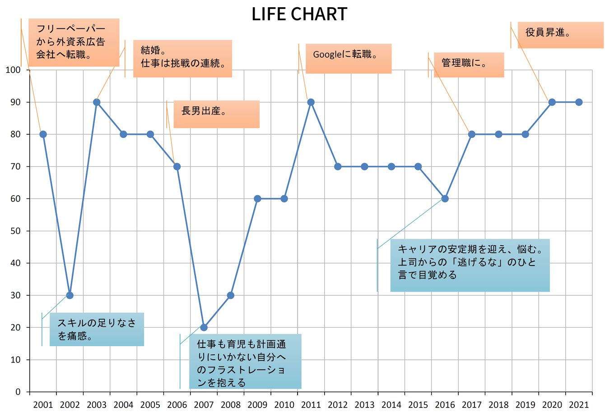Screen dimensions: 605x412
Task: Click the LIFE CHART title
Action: pyautogui.click(x=299, y=14)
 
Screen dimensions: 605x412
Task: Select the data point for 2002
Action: pyautogui.click(x=70, y=295)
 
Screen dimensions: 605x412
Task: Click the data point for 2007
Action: pyautogui.click(x=204, y=327)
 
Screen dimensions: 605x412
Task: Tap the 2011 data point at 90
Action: pyautogui.click(x=311, y=102)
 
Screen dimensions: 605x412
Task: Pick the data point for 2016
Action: pyautogui.click(x=445, y=199)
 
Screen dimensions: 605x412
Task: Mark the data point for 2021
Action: pyautogui.click(x=579, y=102)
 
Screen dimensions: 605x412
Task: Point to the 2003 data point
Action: pyautogui.click(x=97, y=102)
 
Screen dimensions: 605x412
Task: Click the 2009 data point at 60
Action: pyautogui.click(x=257, y=199)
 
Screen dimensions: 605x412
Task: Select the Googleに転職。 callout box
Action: pyautogui.click(x=349, y=59)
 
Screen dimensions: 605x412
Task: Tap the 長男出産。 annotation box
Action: pyautogui.click(x=216, y=114)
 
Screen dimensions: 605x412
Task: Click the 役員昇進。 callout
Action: pyautogui.click(x=561, y=35)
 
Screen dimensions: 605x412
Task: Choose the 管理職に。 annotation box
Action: pyautogui.click(x=469, y=65)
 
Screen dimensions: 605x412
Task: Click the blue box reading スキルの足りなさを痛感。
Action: pyautogui.click(x=97, y=329)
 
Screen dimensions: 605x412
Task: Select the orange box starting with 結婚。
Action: pyautogui.click(x=182, y=59)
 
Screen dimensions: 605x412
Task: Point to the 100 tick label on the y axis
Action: pyautogui.click(x=13, y=70)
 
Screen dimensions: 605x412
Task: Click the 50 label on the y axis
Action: pyautogui.click(x=15, y=231)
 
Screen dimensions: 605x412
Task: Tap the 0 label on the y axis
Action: pyautogui.click(x=18, y=392)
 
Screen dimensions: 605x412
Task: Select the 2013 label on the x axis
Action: pyautogui.click(x=364, y=405)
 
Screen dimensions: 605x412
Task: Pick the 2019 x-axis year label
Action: pyautogui.click(x=526, y=405)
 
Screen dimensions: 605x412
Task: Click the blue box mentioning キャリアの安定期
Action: pyautogui.click(x=470, y=266)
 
